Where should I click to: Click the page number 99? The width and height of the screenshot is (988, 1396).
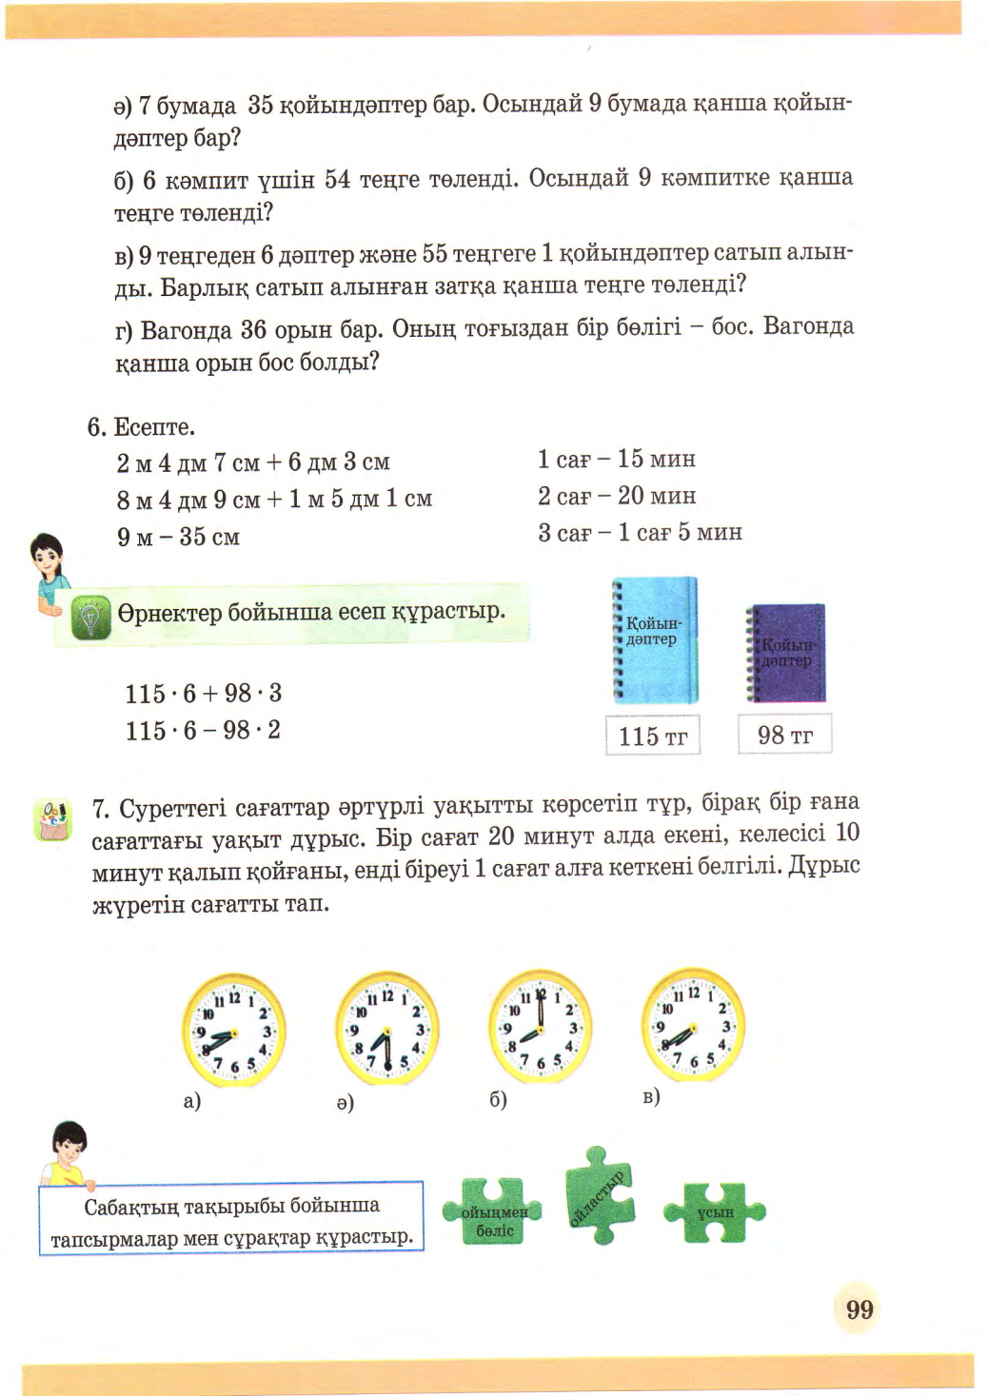click(x=859, y=1309)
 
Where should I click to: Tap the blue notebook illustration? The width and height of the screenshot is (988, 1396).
click(x=655, y=639)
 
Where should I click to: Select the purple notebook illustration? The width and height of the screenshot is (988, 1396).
click(x=786, y=653)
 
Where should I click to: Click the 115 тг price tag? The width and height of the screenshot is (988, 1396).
click(x=653, y=736)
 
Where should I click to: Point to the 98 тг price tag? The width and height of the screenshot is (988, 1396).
click(x=784, y=735)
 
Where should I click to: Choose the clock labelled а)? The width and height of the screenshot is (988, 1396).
click(x=233, y=1032)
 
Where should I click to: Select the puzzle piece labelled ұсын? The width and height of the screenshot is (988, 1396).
click(x=715, y=1212)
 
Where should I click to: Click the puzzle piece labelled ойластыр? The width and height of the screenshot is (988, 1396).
click(x=599, y=1196)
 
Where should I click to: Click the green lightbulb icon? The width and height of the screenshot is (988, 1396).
click(x=91, y=617)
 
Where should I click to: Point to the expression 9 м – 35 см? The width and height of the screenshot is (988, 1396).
click(x=178, y=537)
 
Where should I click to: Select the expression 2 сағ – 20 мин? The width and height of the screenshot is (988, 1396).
click(x=616, y=496)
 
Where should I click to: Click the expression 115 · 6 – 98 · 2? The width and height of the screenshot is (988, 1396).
click(x=203, y=731)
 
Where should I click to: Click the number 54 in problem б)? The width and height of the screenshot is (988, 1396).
click(x=337, y=179)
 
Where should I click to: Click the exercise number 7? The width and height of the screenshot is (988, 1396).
click(x=99, y=809)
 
